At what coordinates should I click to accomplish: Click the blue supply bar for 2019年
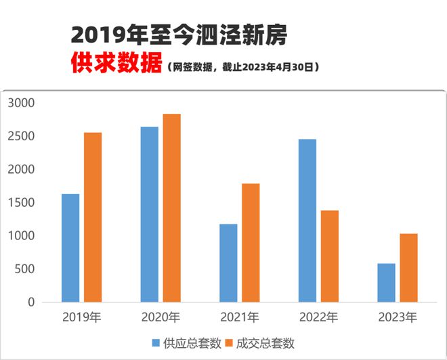[70, 248]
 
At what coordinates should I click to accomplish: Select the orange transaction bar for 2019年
[93, 217]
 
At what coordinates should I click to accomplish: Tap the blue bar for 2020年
[149, 214]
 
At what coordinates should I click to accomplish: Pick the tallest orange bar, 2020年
[171, 208]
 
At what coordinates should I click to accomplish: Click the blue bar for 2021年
[228, 263]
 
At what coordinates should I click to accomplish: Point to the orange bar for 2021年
[251, 243]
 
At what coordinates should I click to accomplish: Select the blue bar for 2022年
[307, 220]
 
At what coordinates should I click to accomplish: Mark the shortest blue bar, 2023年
[386, 283]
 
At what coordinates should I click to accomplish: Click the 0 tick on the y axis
[30, 302]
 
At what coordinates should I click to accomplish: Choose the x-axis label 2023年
[398, 317]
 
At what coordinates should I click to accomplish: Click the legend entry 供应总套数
[192, 343]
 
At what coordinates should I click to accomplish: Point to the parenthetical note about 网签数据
[241, 68]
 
